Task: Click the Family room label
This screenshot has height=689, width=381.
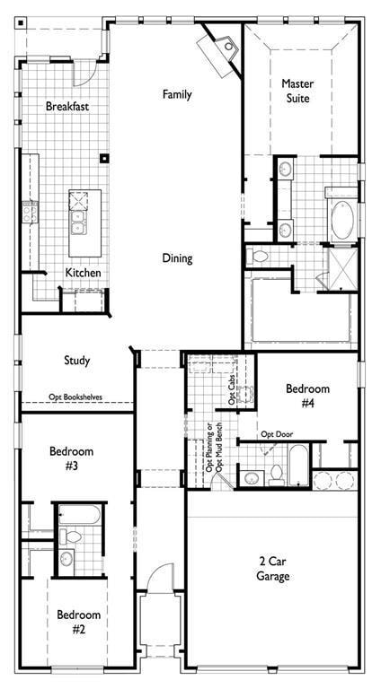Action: click(177, 94)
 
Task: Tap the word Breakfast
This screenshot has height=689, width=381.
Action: click(67, 107)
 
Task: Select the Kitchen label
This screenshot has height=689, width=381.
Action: click(83, 273)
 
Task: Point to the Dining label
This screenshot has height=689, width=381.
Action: click(177, 258)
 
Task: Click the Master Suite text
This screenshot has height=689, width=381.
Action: click(297, 91)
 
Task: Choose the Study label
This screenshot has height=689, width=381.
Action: click(76, 361)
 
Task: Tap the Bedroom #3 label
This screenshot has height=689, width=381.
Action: click(71, 458)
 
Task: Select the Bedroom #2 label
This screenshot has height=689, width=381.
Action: click(78, 622)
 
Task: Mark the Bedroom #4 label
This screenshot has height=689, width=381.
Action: click(307, 396)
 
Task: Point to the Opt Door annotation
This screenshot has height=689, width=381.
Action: click(278, 434)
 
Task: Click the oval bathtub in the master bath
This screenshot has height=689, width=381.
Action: click(341, 219)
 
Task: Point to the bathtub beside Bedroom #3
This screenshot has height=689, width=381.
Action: click(80, 517)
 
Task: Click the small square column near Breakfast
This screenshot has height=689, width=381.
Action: click(104, 159)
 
